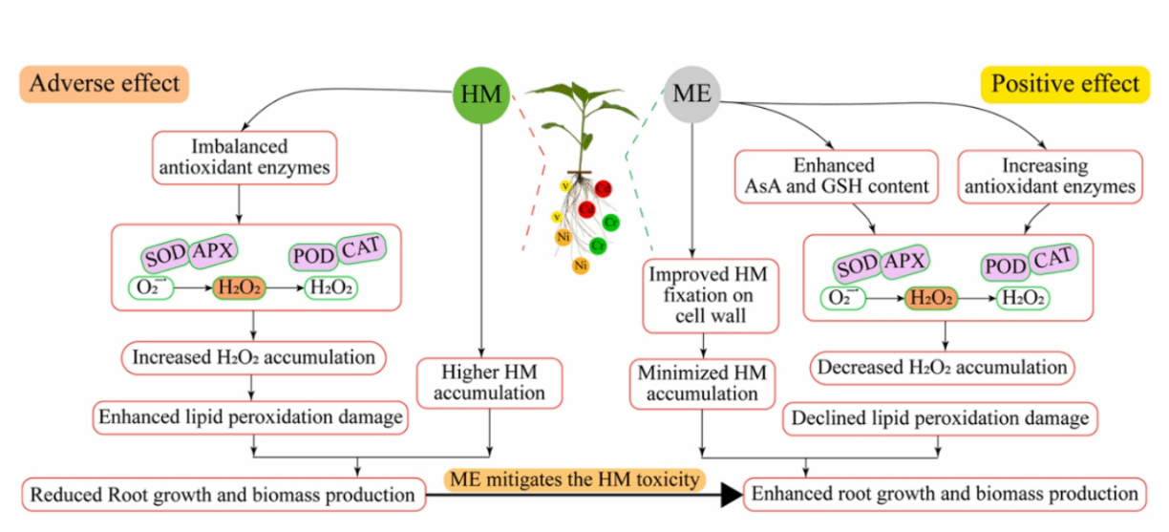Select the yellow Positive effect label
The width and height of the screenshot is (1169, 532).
point(1065,84)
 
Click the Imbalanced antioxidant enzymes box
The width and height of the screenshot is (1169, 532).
point(240,159)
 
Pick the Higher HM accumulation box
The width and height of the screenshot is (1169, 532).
point(490,381)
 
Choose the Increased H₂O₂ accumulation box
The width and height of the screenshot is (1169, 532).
point(253,358)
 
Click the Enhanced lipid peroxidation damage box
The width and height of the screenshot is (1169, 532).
point(249,416)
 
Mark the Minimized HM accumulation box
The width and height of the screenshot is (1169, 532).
point(702,382)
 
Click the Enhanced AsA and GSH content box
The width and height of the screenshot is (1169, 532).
point(836,177)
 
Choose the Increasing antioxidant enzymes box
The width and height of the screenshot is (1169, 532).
point(1050,177)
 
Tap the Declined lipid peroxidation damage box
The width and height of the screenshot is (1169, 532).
point(940,417)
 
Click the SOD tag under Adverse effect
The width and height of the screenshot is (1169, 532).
point(163,256)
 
